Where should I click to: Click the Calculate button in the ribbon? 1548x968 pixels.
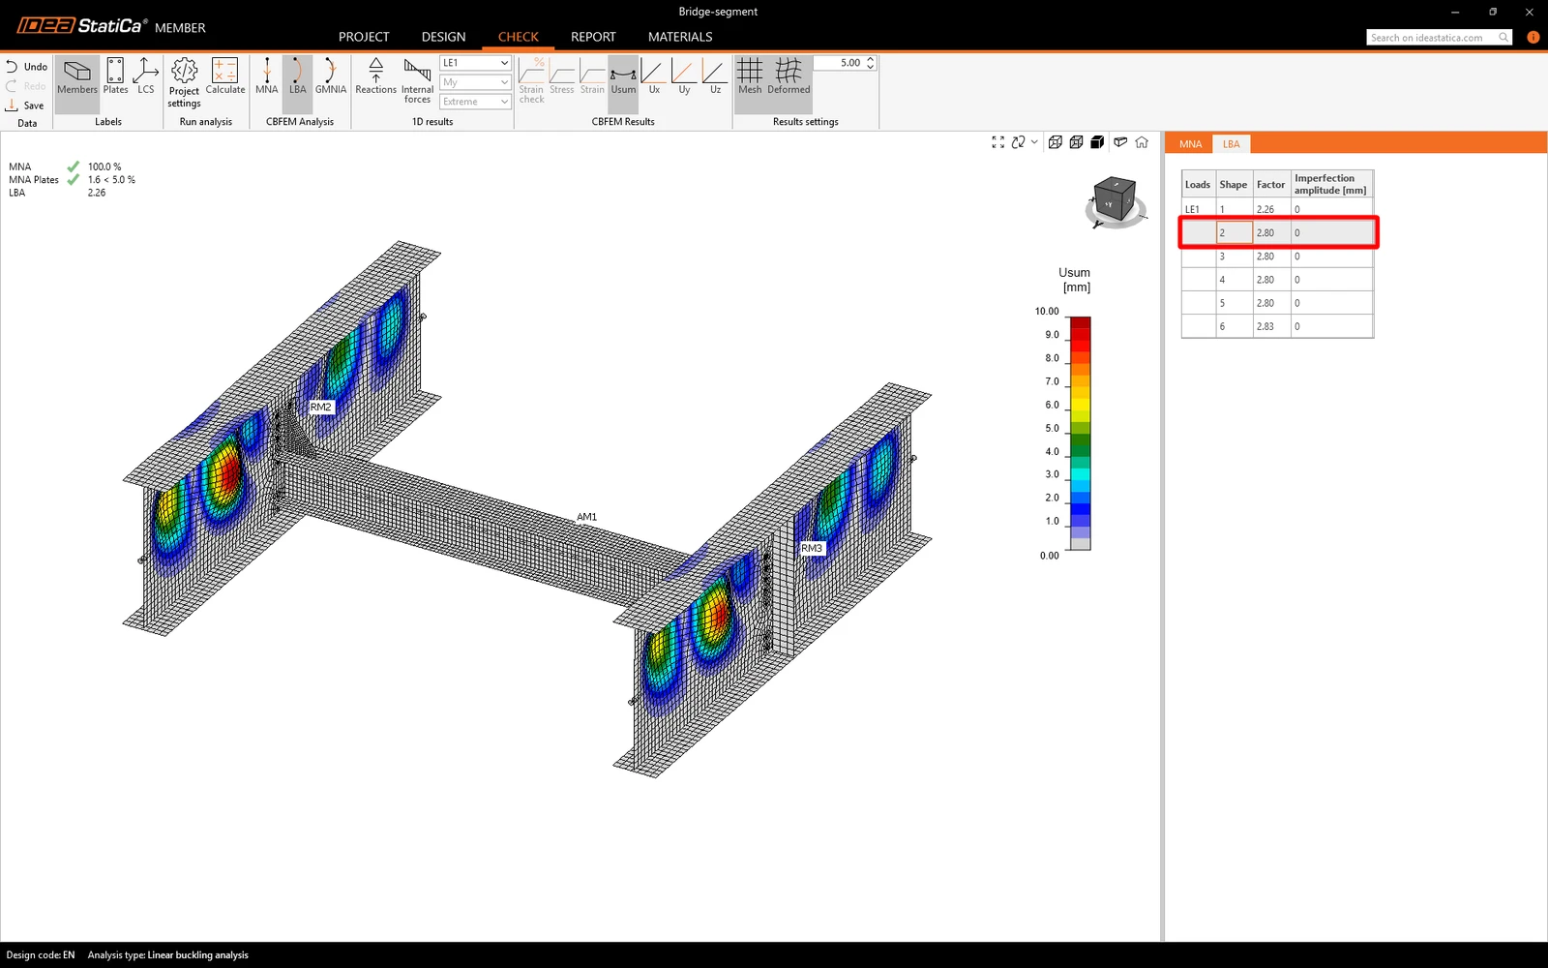pyautogui.click(x=225, y=76)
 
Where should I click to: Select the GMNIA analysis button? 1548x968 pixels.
pyautogui.click(x=330, y=76)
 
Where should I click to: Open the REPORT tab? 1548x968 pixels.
pyautogui.click(x=593, y=37)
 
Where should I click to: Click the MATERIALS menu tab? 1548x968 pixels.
pyautogui.click(x=680, y=37)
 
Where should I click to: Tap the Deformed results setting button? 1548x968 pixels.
pyautogui.click(x=789, y=76)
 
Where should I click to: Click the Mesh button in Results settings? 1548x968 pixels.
pyautogui.click(x=750, y=76)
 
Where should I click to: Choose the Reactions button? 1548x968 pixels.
pyautogui.click(x=376, y=76)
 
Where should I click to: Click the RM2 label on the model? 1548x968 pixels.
pyautogui.click(x=320, y=407)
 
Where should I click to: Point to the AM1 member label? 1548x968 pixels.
pyautogui.click(x=586, y=517)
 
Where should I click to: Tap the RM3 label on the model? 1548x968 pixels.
pyautogui.click(x=812, y=548)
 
